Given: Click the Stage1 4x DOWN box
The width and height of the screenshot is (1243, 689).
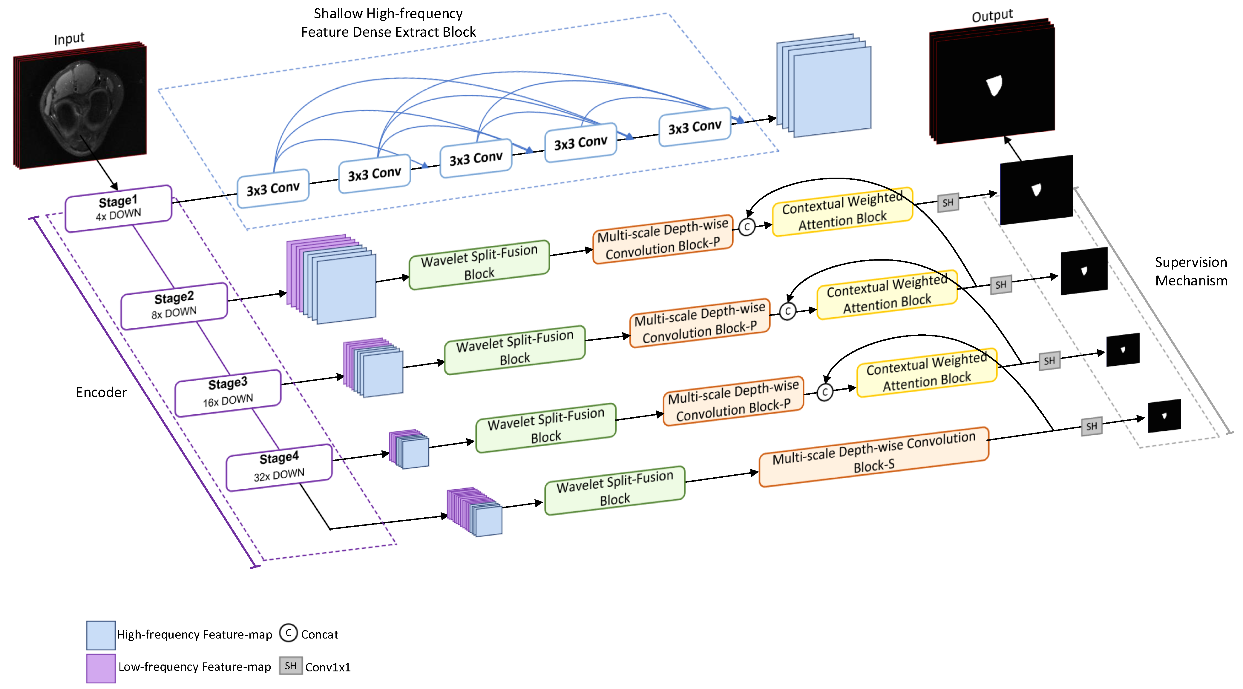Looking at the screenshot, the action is pyautogui.click(x=119, y=208).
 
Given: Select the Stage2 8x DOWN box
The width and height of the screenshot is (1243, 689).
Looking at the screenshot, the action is pyautogui.click(x=174, y=306).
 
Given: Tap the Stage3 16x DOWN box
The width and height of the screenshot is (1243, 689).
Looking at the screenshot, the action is pyautogui.click(x=228, y=393).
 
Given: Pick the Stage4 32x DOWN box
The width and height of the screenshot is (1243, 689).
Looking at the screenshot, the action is pyautogui.click(x=279, y=467).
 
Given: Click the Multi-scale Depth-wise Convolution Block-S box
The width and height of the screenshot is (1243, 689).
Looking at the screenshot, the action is pyautogui.click(x=874, y=457).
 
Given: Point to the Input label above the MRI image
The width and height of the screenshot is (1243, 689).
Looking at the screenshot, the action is pyautogui.click(x=69, y=39).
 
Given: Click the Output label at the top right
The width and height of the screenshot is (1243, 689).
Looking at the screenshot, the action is pyautogui.click(x=992, y=16).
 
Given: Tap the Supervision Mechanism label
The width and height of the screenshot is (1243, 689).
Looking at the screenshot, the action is pyautogui.click(x=1191, y=271).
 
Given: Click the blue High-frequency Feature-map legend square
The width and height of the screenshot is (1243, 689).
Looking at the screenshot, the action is pyautogui.click(x=101, y=635).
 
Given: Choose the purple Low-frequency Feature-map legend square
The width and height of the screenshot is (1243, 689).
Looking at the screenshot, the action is pyautogui.click(x=101, y=668).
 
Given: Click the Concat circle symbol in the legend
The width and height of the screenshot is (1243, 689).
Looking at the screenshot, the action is pyautogui.click(x=289, y=633).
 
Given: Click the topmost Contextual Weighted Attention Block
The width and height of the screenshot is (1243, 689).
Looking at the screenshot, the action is pyautogui.click(x=842, y=212).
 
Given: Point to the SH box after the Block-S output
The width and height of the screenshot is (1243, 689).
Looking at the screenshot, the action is pyautogui.click(x=1092, y=426).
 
